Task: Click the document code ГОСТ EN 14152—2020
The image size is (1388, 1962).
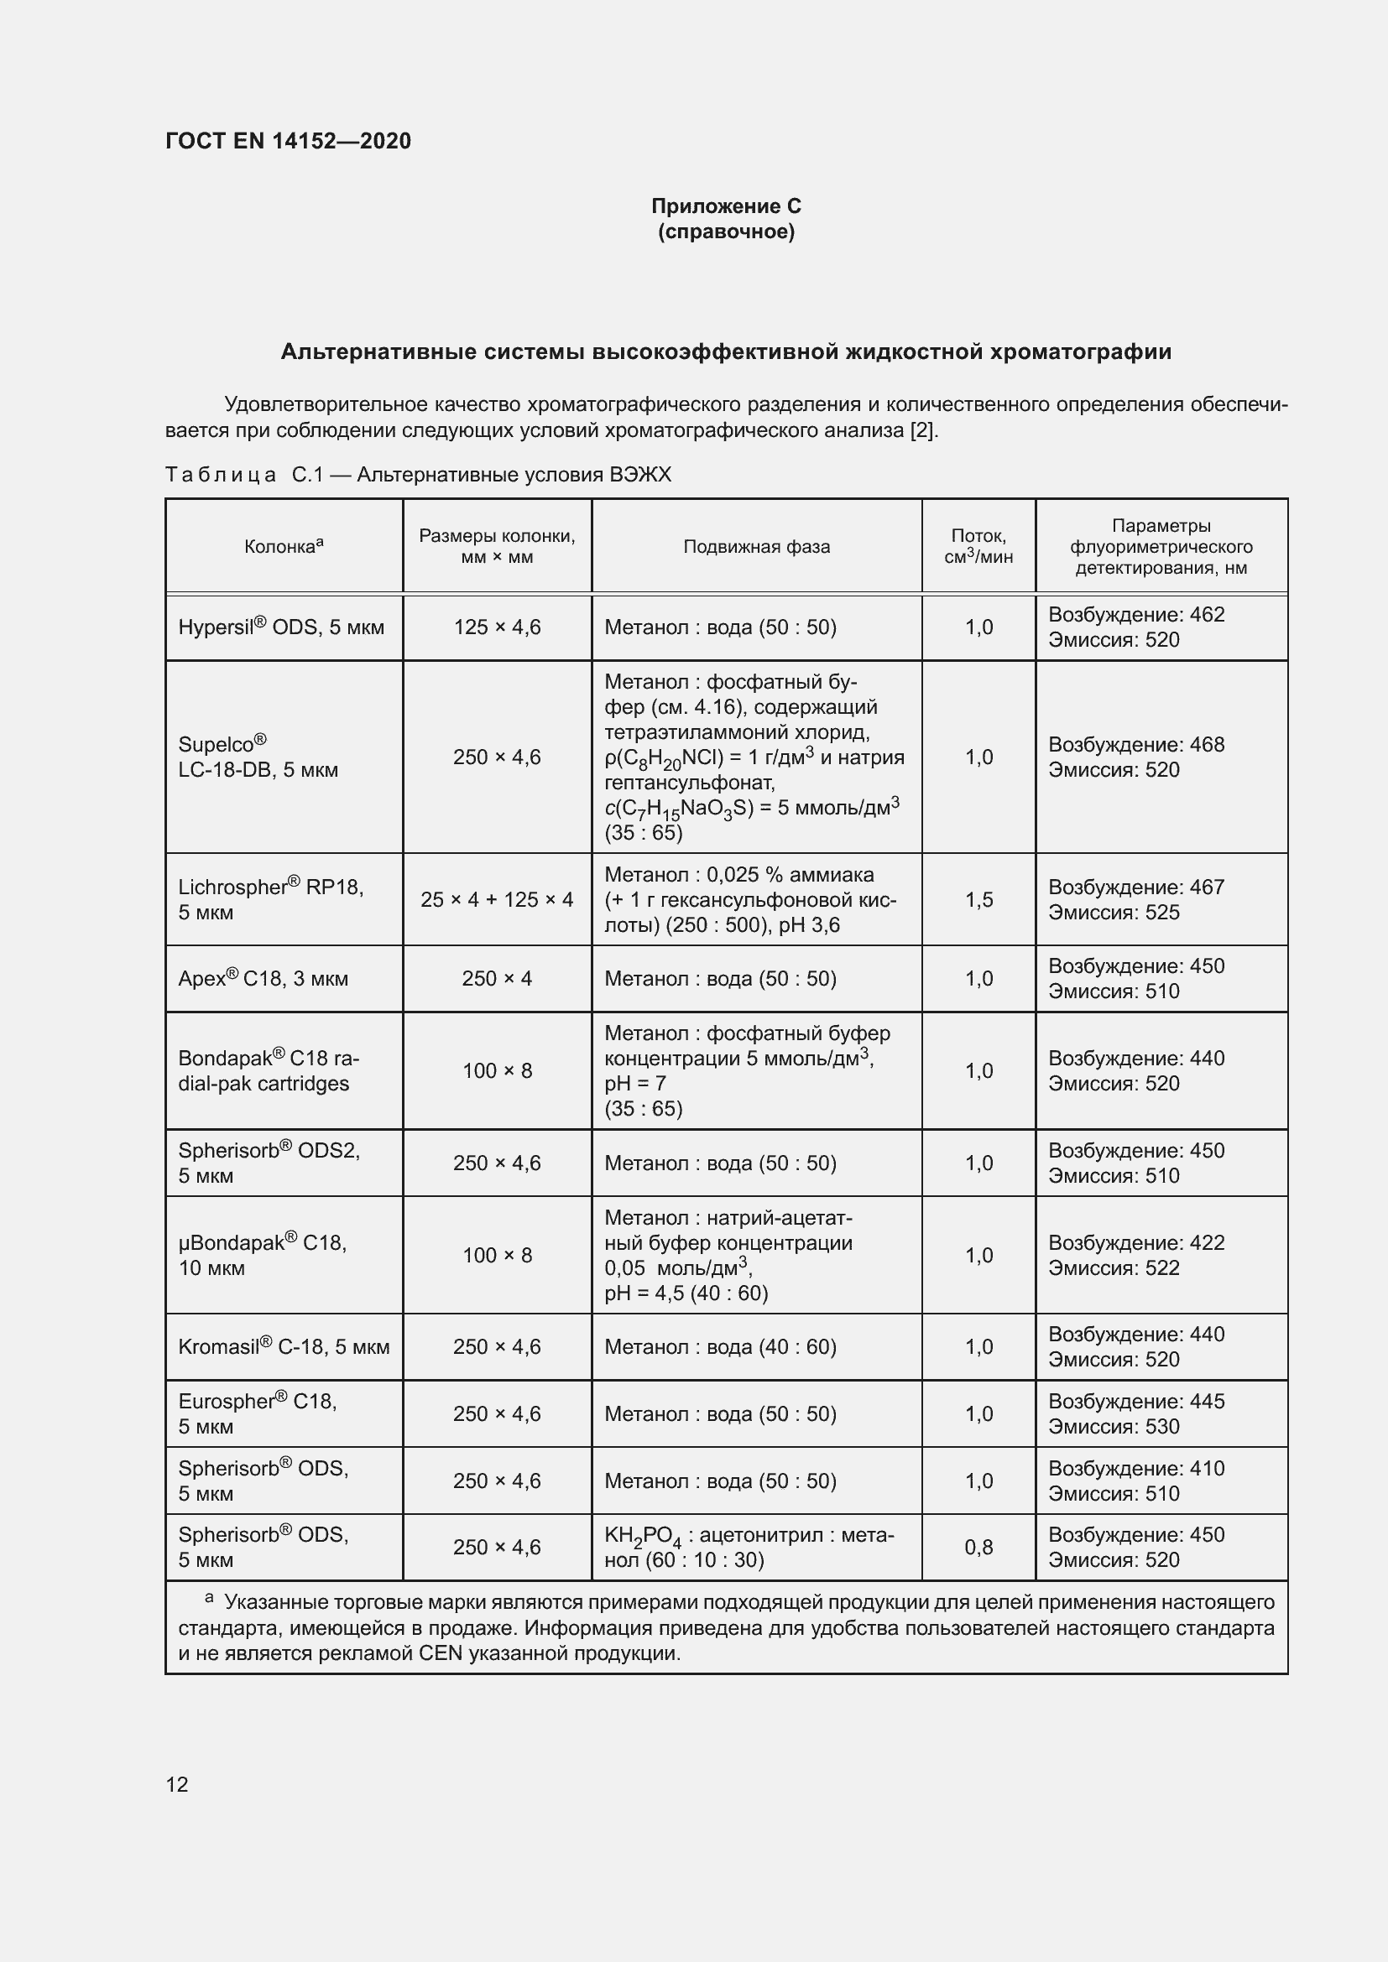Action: tap(288, 141)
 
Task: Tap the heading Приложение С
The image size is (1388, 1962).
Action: tap(726, 206)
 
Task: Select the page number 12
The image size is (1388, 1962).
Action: tap(177, 1784)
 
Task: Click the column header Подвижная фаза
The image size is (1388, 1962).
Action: tap(756, 547)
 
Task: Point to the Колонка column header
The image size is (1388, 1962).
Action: tap(283, 547)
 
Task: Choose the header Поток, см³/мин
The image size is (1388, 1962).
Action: tap(978, 547)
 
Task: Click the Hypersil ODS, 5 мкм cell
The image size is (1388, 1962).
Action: tap(281, 627)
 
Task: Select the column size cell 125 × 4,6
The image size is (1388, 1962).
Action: tap(497, 627)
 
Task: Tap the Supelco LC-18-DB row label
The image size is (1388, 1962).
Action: tap(258, 757)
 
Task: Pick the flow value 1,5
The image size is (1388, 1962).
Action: tap(978, 900)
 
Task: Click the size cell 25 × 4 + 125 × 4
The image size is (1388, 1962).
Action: tap(497, 900)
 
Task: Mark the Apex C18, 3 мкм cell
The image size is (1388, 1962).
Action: tap(264, 978)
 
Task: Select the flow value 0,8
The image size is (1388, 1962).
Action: tap(978, 1548)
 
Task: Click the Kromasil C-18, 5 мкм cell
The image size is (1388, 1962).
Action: tap(284, 1348)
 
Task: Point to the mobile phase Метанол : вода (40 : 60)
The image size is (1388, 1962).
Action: tap(721, 1348)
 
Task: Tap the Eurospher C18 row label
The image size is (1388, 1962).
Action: tap(258, 1413)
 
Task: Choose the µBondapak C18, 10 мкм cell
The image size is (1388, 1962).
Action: tap(263, 1256)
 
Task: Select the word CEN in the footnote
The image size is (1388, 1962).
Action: tap(441, 1653)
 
